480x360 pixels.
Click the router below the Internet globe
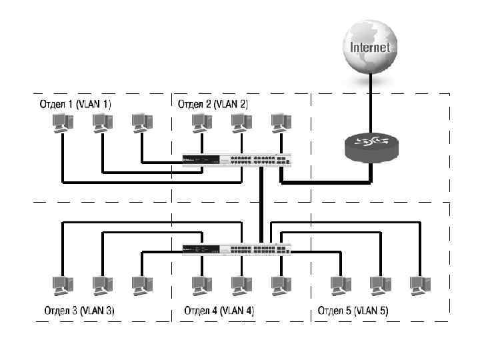(x=371, y=146)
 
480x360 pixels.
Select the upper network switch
(x=237, y=160)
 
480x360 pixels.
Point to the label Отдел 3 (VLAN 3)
(x=79, y=311)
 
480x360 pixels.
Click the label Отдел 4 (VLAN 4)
(x=219, y=311)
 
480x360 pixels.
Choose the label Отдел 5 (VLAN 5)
(x=353, y=311)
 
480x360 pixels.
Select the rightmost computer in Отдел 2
(x=281, y=123)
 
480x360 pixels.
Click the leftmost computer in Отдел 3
(x=61, y=286)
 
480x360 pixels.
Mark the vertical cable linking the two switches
(x=262, y=203)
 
